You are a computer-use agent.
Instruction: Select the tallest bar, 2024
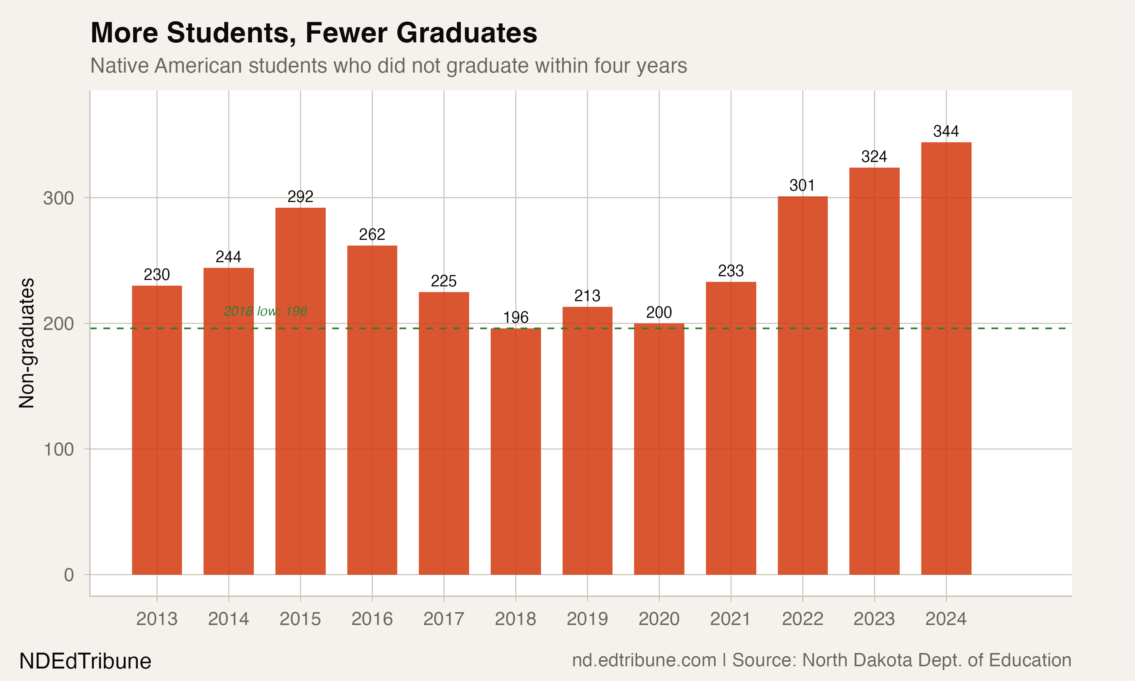946,358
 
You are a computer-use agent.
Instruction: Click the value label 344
946,131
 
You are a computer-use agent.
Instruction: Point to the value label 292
300,196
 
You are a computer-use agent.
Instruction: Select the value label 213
587,295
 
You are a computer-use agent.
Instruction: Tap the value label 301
802,185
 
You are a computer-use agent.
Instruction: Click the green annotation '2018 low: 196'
265,311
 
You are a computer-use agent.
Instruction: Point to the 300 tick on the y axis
58,198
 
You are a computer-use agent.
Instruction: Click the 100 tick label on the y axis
58,449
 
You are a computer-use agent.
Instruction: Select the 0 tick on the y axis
69,575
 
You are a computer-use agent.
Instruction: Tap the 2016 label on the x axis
372,619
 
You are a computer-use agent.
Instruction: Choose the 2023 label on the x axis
874,619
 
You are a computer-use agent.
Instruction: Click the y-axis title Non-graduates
26,343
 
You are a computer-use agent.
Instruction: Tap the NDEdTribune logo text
86,661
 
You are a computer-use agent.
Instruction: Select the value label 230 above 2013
157,274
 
